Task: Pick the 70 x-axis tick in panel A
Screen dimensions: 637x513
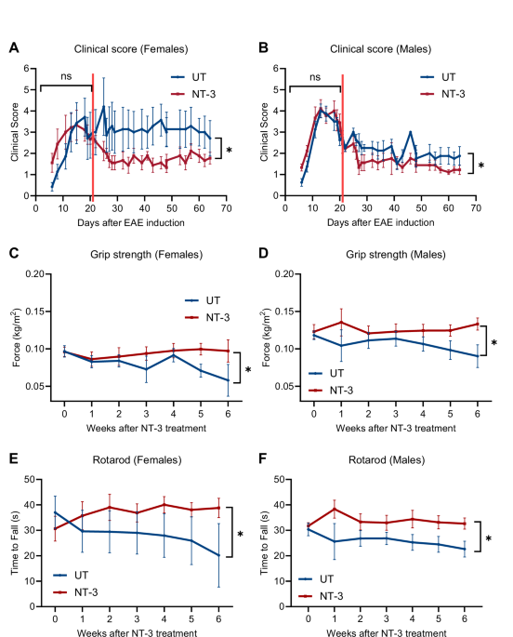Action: [x=225, y=210]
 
